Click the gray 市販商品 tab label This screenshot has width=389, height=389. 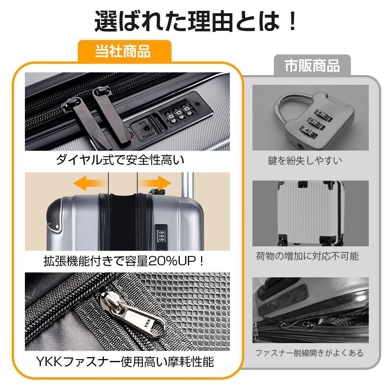(312, 65)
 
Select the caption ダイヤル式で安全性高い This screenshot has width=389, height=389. (119, 160)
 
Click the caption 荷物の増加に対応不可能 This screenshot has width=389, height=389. (307, 256)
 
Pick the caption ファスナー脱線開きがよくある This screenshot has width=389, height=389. (309, 353)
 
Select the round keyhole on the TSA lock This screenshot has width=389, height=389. (146, 128)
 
